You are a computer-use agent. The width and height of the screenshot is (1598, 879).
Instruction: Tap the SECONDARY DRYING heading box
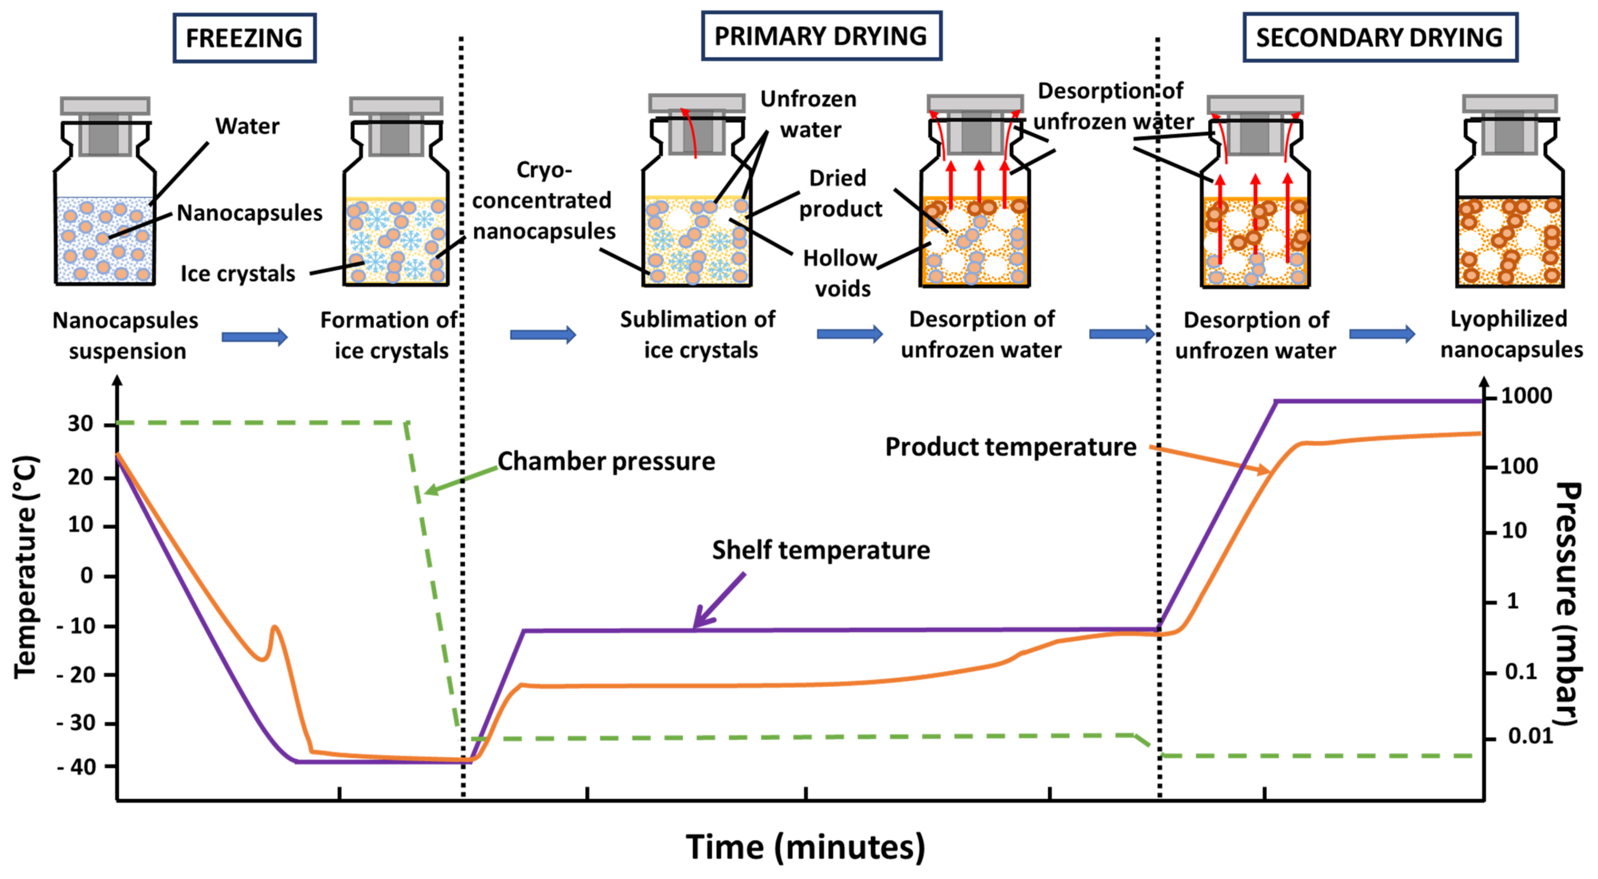1380,38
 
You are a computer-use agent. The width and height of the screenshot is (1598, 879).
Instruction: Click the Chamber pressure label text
606,461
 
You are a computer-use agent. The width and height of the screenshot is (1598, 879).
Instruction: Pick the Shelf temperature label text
820,550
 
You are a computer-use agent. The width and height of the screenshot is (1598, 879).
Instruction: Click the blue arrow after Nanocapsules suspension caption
254,337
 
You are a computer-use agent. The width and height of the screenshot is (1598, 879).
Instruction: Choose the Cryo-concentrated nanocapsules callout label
544,201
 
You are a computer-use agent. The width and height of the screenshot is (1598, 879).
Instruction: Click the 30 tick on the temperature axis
81,424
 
